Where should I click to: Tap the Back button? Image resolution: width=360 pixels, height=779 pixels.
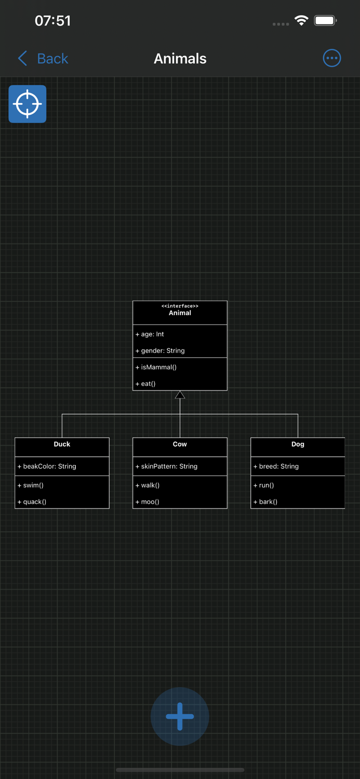tap(44, 59)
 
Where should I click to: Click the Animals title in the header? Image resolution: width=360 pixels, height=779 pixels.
tap(180, 59)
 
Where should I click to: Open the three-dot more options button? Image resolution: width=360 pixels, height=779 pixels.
tap(331, 58)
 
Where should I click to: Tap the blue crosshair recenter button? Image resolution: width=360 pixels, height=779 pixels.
tap(28, 104)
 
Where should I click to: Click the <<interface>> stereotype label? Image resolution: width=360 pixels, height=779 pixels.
tap(180, 306)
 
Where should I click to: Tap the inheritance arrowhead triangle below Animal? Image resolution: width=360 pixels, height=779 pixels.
tap(180, 395)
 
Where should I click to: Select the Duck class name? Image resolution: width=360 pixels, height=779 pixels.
tap(62, 444)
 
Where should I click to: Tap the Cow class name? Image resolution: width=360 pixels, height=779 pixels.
tap(180, 444)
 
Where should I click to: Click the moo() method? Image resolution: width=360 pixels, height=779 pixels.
tap(150, 502)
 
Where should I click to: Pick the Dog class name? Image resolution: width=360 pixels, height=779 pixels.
tap(298, 444)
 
